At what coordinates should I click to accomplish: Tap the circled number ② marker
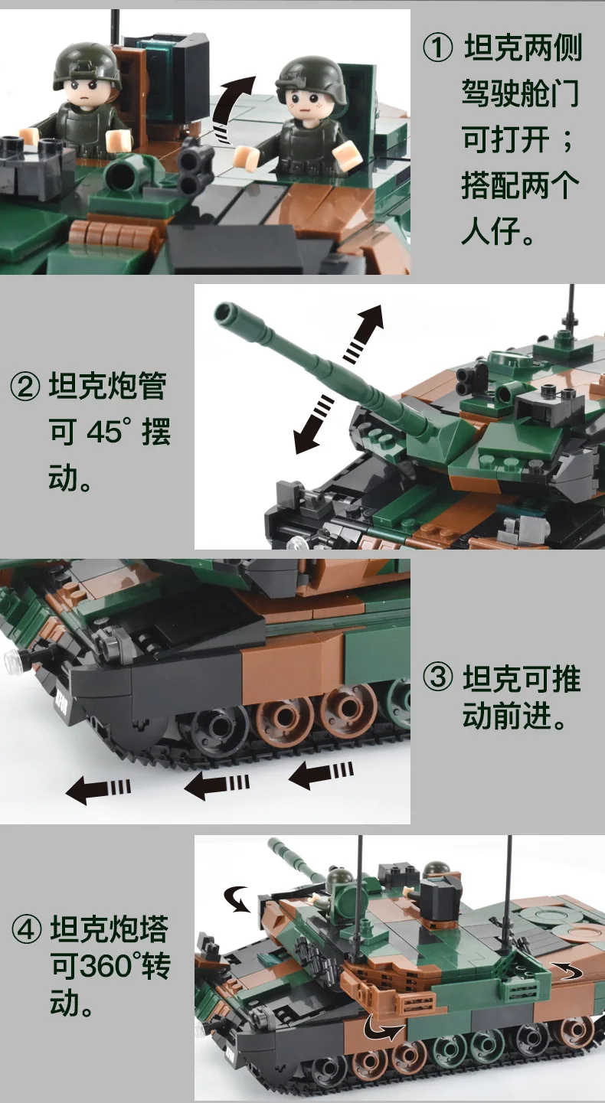click(x=25, y=387)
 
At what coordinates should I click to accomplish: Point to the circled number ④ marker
click(x=25, y=932)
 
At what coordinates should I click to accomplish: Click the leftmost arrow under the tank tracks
click(x=97, y=788)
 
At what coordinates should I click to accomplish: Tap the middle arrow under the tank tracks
click(x=217, y=783)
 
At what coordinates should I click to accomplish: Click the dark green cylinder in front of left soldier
click(x=122, y=174)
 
